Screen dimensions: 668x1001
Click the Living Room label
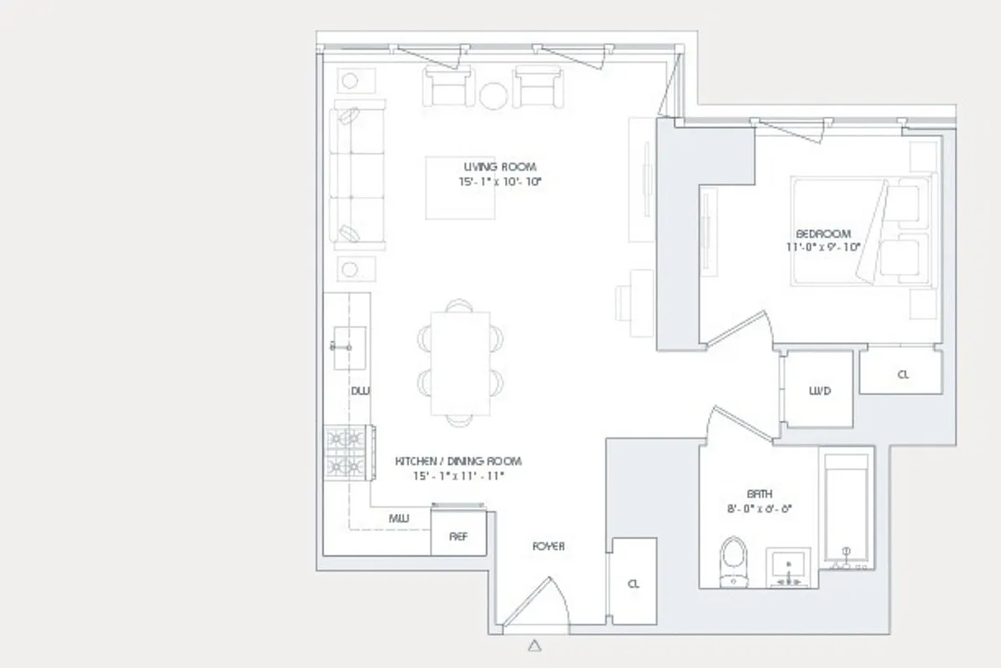click(500, 167)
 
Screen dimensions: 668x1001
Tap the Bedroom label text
click(823, 234)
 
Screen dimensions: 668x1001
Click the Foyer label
click(549, 546)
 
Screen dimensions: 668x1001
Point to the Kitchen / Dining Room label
click(458, 461)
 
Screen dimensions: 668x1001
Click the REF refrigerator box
click(458, 536)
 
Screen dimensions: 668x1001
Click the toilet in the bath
click(734, 562)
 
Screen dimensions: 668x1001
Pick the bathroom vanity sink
click(788, 568)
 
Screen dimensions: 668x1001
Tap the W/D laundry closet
click(819, 390)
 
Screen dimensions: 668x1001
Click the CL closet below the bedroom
click(902, 374)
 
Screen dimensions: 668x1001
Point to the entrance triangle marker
click(534, 645)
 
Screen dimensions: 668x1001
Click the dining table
click(460, 362)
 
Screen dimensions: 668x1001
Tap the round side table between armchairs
click(493, 95)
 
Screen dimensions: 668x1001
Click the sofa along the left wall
click(357, 175)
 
